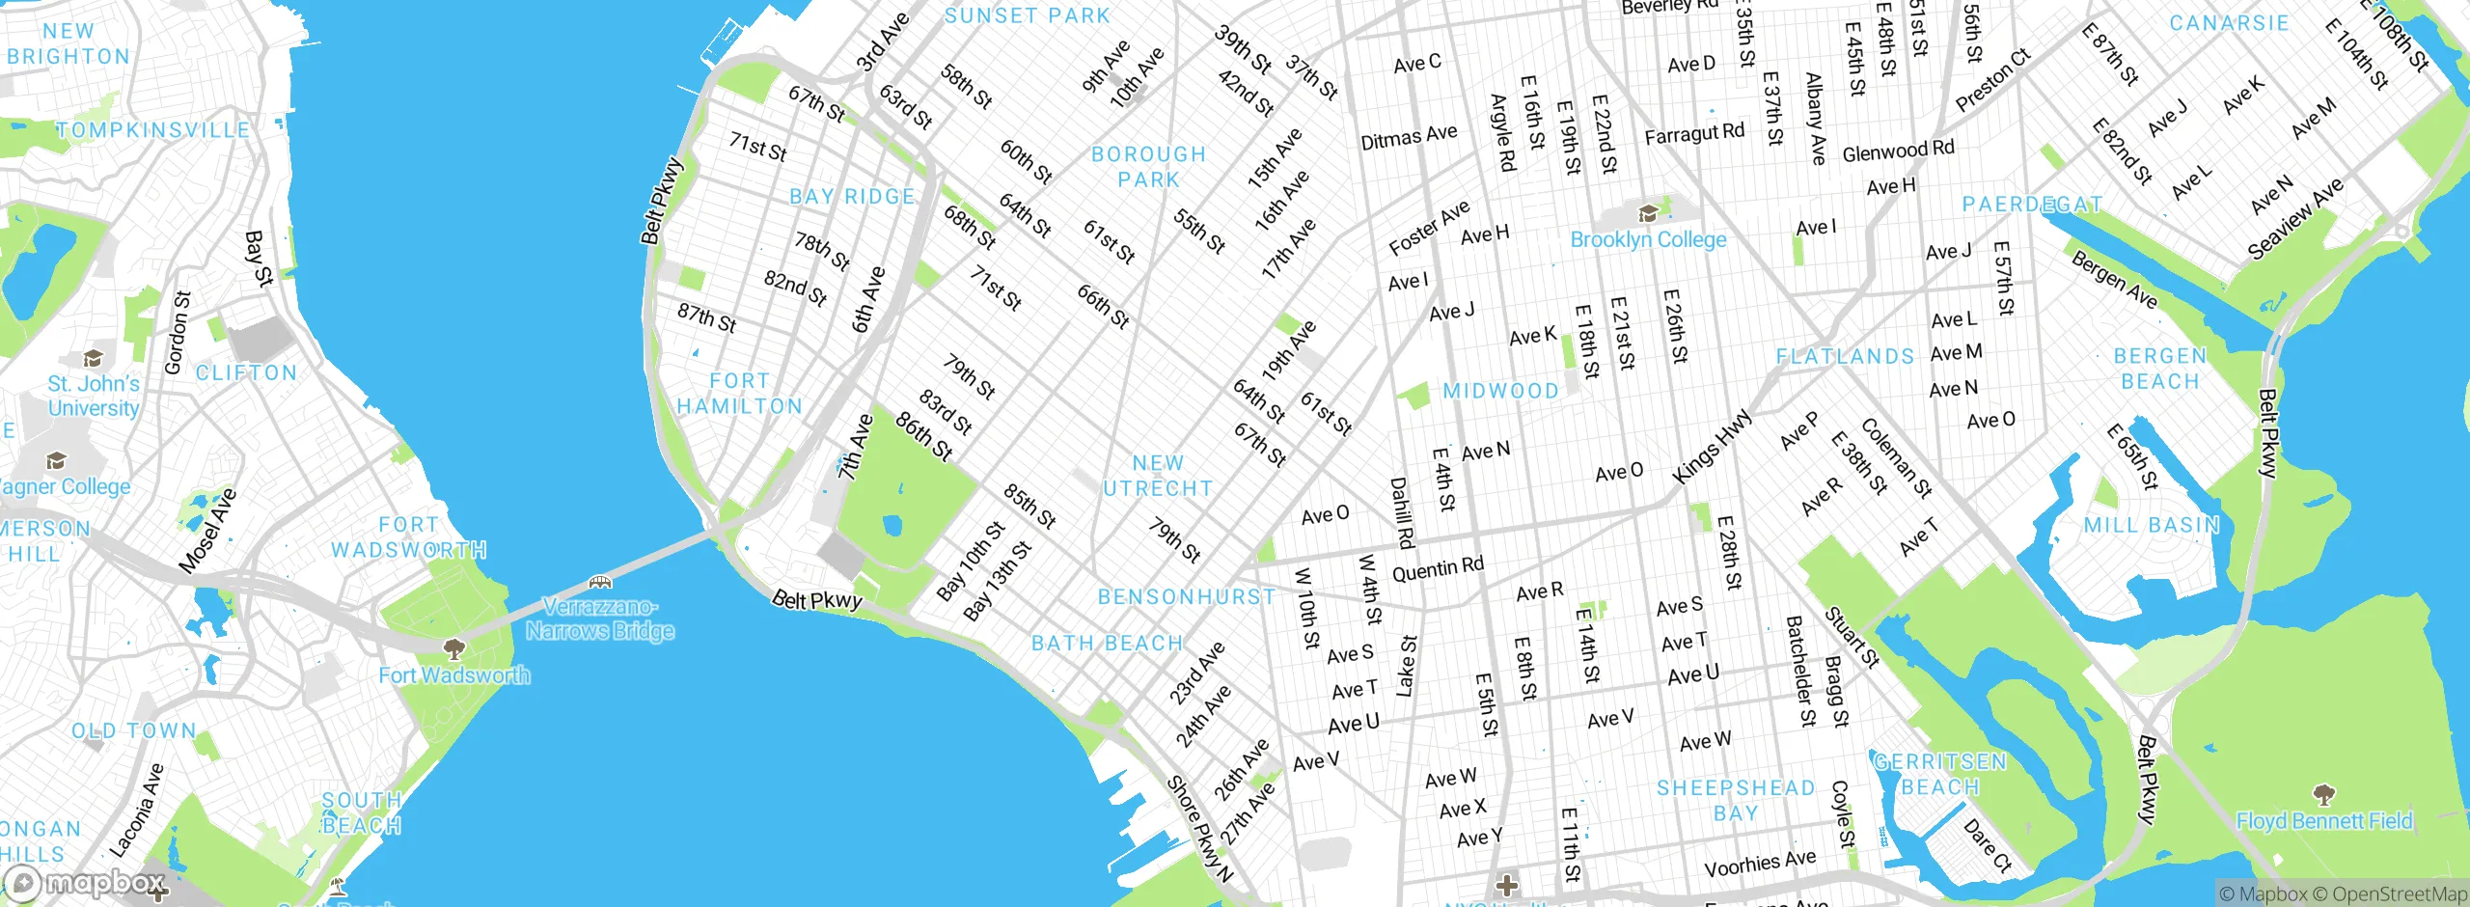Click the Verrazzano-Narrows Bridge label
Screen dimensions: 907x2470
click(x=600, y=618)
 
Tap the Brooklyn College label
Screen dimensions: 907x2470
click(x=1648, y=239)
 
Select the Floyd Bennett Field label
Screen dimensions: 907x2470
click(x=2324, y=821)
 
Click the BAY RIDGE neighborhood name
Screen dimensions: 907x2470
click(x=852, y=197)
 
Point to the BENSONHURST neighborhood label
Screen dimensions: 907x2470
click(x=1187, y=597)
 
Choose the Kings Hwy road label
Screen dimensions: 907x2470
click(x=1712, y=447)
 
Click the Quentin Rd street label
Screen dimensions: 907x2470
click(x=1438, y=569)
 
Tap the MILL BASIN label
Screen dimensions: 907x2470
click(x=2152, y=525)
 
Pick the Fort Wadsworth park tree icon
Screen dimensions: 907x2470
click(x=453, y=648)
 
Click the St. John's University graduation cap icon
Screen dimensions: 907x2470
click(x=93, y=359)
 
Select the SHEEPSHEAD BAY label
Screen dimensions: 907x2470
click(x=1736, y=801)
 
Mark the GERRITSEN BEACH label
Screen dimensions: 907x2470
click(x=1940, y=775)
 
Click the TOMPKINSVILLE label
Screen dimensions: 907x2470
click(x=152, y=130)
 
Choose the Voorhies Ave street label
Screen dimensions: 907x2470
click(x=1760, y=863)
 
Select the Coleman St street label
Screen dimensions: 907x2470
click(x=1896, y=458)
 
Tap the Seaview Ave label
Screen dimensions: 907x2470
click(x=2295, y=219)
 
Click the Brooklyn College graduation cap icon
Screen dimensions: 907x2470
click(x=1648, y=212)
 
